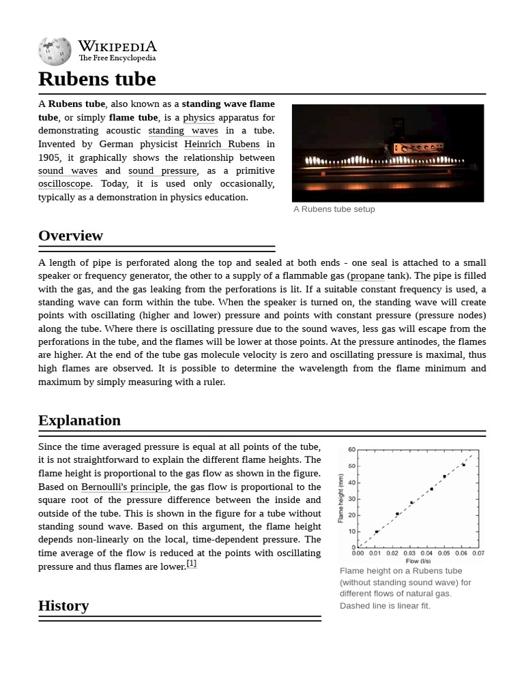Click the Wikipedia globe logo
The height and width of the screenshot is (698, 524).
pyautogui.click(x=55, y=51)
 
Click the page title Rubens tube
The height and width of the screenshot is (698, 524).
pyautogui.click(x=97, y=79)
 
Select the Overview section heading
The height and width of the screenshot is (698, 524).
pyautogui.click(x=70, y=236)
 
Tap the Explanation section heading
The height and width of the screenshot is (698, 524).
pyautogui.click(x=79, y=420)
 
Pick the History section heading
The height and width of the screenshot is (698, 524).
pyautogui.click(x=63, y=605)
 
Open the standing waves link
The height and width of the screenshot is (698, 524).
pyautogui.click(x=183, y=131)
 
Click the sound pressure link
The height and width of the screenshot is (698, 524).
pyautogui.click(x=162, y=170)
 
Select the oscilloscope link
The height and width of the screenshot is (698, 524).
pyautogui.click(x=64, y=184)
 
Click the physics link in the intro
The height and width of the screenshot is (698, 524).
pyautogui.click(x=199, y=117)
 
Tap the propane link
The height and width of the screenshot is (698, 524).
pyautogui.click(x=367, y=276)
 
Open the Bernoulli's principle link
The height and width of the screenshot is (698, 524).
pyautogui.click(x=124, y=487)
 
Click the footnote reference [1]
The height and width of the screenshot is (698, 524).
pyautogui.click(x=191, y=563)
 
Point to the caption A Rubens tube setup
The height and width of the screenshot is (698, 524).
pyautogui.click(x=334, y=209)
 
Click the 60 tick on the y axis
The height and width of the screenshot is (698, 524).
pyautogui.click(x=351, y=450)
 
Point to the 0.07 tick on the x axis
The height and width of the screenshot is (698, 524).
pyautogui.click(x=478, y=553)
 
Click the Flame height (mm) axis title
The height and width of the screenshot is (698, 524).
pyautogui.click(x=341, y=498)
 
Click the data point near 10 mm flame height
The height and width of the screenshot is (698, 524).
pyautogui.click(x=376, y=532)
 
